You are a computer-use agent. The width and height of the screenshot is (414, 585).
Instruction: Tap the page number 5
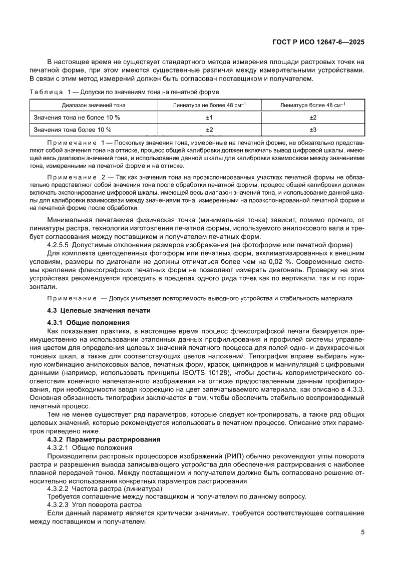362,532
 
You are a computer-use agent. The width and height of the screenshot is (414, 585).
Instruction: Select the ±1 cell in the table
210,118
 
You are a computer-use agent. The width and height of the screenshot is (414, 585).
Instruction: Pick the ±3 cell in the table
313,130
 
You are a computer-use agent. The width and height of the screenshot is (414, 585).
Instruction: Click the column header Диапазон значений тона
94,105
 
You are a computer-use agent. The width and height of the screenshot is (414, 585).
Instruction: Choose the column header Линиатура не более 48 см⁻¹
210,105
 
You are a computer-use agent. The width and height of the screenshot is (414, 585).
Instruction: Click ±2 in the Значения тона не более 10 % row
313,118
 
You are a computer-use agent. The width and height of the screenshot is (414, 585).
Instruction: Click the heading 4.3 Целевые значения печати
99,311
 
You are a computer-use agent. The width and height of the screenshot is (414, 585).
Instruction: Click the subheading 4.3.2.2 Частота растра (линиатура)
105,488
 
